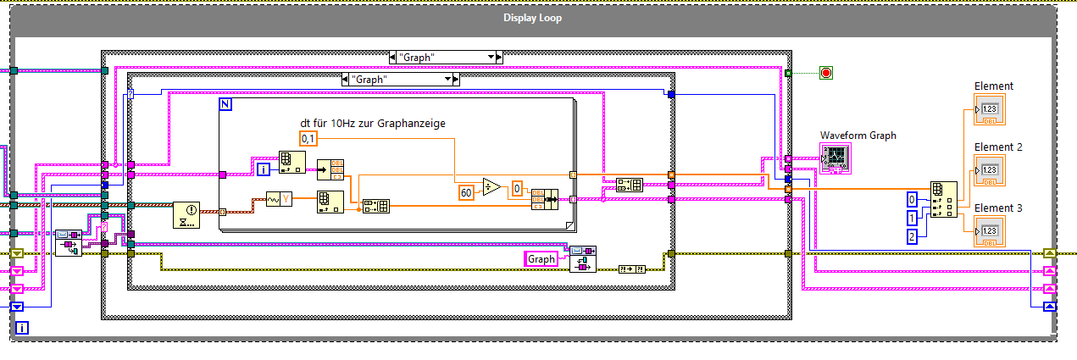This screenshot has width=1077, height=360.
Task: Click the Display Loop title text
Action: (532, 18)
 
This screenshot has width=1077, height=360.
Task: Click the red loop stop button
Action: (826, 73)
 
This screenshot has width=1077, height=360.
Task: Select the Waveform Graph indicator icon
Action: (836, 158)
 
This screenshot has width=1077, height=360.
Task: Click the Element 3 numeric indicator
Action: (989, 230)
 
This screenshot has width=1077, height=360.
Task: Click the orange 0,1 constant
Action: (309, 139)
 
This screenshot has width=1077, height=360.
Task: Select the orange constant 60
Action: (465, 192)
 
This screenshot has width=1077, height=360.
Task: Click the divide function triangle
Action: (491, 187)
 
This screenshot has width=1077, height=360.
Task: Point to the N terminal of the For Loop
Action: (226, 104)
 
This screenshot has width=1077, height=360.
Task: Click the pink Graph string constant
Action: (541, 259)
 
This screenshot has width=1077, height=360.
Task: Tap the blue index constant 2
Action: (912, 237)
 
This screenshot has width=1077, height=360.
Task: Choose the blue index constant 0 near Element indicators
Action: (912, 200)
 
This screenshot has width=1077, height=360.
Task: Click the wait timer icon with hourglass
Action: (185, 216)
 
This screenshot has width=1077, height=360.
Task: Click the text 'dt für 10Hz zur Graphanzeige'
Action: (373, 124)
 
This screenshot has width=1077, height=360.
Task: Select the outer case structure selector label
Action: (446, 58)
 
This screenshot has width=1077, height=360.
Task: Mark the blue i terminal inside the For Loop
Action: (264, 170)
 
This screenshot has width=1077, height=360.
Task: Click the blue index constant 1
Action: (912, 219)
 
